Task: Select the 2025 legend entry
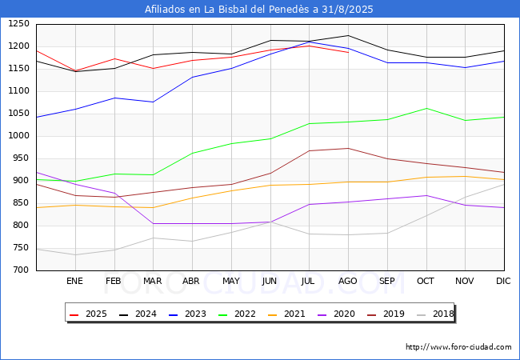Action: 88,314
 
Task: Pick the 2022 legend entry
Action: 237,314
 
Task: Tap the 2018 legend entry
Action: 435,314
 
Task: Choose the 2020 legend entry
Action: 336,314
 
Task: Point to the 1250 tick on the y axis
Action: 19,24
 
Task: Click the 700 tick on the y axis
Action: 22,270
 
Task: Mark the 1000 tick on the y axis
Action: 19,135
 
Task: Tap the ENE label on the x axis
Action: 74,281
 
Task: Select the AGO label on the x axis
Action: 347,281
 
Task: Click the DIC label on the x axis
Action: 503,281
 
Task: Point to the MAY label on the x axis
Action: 231,281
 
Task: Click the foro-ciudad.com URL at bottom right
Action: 458,347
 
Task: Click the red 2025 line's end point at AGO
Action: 348,52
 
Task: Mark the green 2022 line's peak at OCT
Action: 426,108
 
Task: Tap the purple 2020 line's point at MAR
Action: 154,224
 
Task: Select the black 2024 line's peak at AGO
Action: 348,35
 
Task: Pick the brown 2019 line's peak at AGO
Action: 348,148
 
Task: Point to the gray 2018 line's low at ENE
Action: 76,255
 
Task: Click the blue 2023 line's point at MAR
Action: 154,102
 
